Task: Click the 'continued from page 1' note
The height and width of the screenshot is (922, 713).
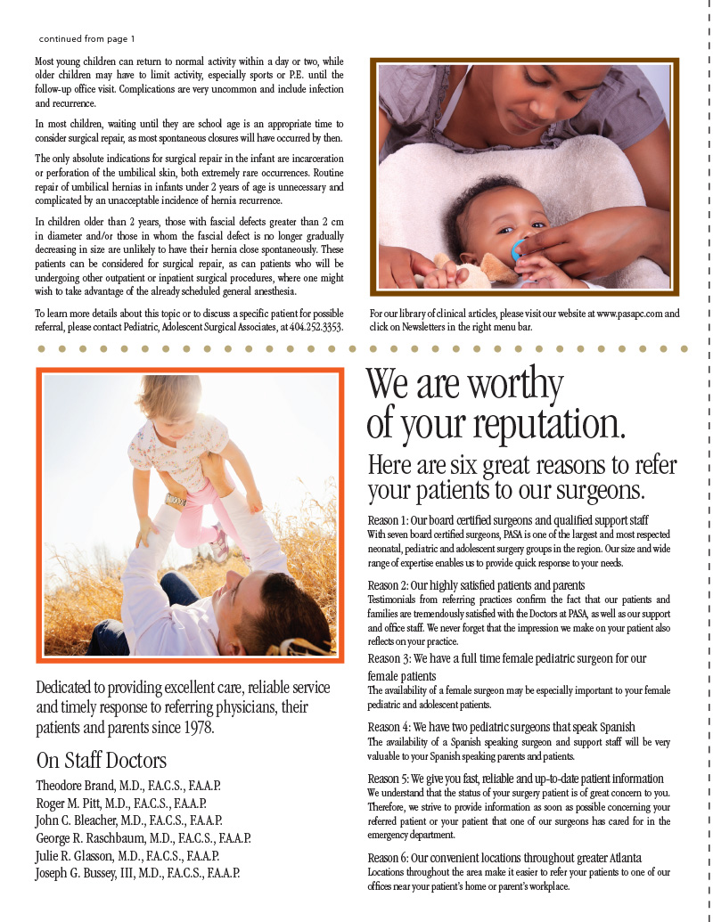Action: pos(87,39)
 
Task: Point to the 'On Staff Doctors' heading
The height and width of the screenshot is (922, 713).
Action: pos(101,761)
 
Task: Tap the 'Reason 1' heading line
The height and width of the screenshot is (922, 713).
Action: pos(508,519)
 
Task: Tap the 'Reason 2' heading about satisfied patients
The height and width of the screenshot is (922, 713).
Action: pos(476,585)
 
